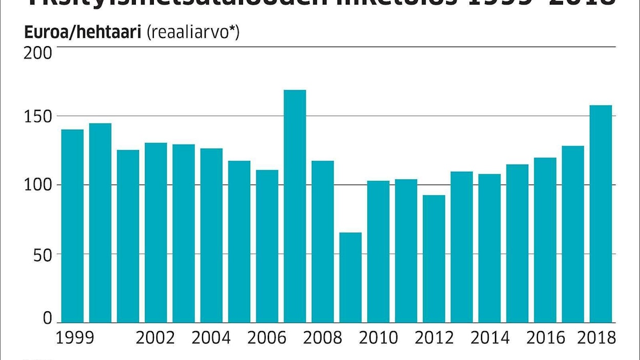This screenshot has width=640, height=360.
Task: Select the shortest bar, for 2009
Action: click(350, 277)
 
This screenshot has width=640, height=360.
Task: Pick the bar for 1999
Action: click(72, 226)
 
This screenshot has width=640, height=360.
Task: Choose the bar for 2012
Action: click(434, 259)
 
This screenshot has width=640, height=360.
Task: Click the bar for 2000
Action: click(100, 223)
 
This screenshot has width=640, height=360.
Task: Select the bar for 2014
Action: click(489, 248)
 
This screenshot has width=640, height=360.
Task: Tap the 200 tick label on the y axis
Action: click(38, 53)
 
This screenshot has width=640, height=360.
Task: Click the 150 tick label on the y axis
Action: click(38, 116)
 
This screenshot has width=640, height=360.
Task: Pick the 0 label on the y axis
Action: click(48, 319)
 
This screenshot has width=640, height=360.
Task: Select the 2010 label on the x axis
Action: click(378, 338)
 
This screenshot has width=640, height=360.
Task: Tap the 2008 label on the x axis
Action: click(323, 338)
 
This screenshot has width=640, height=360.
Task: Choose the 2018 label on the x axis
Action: click(597, 338)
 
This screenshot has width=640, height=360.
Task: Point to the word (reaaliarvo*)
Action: click(193, 33)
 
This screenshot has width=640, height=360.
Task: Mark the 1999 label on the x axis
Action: click(75, 338)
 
